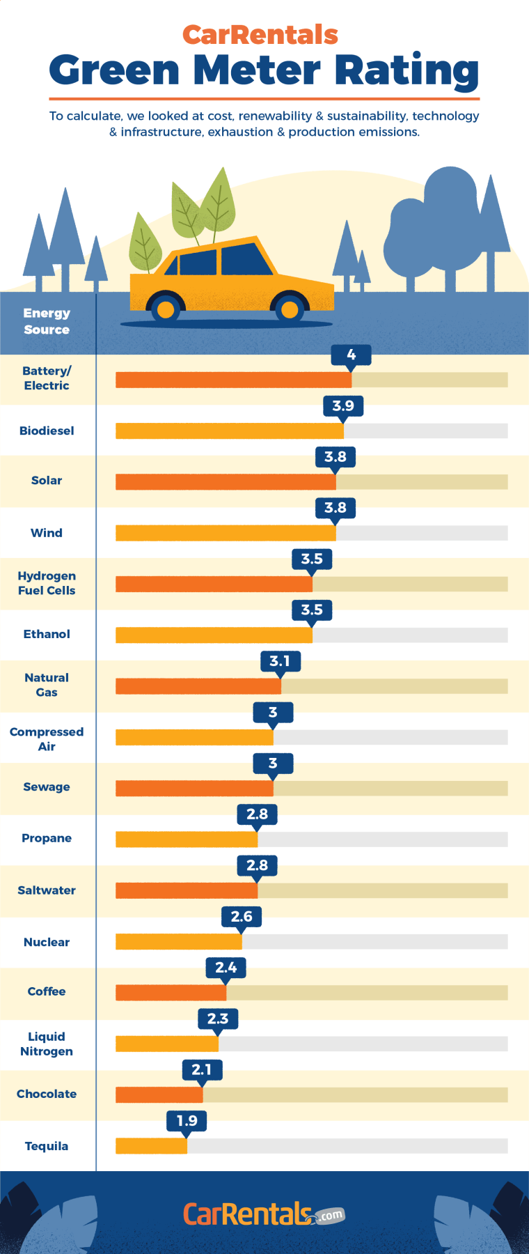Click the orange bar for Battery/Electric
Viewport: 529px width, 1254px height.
tap(233, 380)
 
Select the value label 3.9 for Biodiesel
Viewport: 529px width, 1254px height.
tap(343, 406)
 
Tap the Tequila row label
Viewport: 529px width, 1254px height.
tap(47, 1146)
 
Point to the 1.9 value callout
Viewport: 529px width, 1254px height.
tap(187, 1121)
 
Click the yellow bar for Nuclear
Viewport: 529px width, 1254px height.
tap(178, 942)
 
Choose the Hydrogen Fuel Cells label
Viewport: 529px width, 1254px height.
tap(47, 583)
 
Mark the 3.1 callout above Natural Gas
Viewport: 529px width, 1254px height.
tap(280, 661)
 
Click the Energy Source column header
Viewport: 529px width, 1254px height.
tap(47, 321)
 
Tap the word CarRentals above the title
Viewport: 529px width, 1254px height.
tap(260, 34)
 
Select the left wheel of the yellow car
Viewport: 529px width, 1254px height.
tap(166, 309)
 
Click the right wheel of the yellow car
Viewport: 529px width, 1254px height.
tap(290, 309)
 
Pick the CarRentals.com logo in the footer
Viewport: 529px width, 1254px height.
tap(263, 1214)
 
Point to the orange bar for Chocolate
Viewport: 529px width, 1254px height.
tap(159, 1094)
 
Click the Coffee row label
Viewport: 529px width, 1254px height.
tap(47, 991)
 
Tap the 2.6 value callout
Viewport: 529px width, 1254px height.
tap(242, 916)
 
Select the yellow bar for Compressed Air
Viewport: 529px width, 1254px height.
tap(194, 737)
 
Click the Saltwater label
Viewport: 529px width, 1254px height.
tap(47, 890)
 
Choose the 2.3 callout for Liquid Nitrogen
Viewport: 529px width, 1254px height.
tap(218, 1019)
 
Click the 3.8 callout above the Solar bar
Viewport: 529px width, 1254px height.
tap(335, 457)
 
